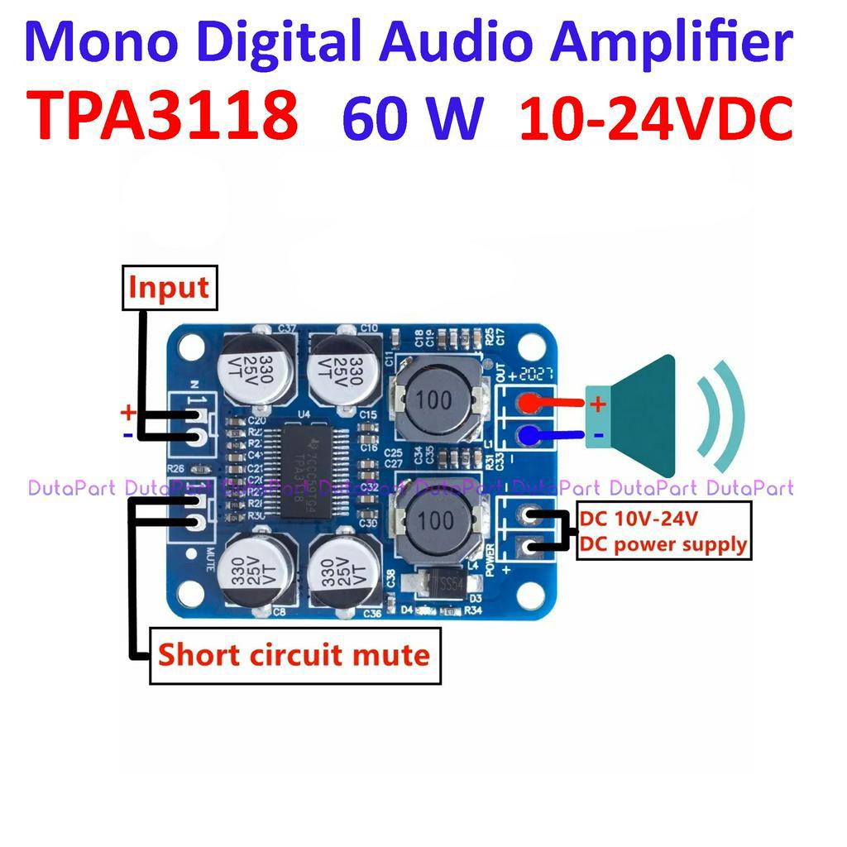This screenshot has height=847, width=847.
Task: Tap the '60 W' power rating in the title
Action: coord(411,117)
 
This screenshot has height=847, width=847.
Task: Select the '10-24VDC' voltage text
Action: coord(656,117)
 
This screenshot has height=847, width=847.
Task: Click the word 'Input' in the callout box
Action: coord(169,288)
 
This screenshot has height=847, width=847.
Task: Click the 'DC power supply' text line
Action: coord(663,544)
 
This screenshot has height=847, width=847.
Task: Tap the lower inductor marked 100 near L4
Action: coord(435,521)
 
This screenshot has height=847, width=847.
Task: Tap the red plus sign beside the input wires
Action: coord(127,412)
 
